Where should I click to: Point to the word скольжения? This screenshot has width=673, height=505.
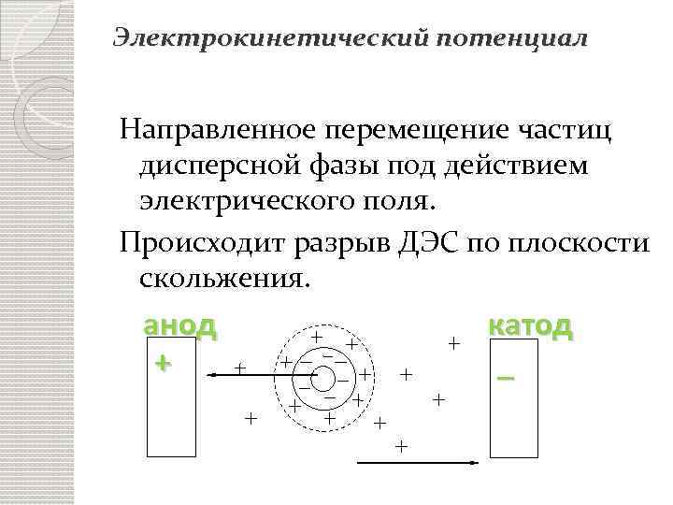[x=222, y=278]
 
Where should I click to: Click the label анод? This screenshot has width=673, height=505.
[x=179, y=326]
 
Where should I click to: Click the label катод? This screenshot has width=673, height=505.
[x=530, y=326]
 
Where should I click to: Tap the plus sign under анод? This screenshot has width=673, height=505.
[x=165, y=361]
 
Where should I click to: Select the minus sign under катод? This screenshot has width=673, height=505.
[x=507, y=378]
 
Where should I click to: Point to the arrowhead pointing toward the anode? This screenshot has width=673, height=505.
[x=212, y=374]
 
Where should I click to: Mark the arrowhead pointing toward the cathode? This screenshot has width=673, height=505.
[x=480, y=462]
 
